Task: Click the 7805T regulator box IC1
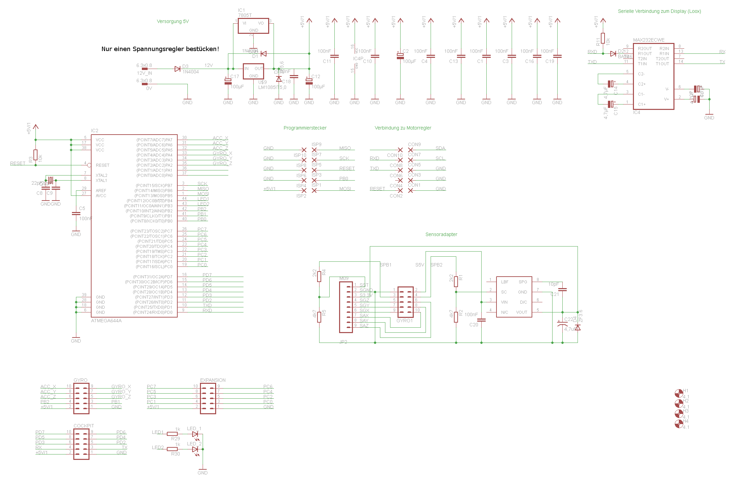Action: [x=253, y=26]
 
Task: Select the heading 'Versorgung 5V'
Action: [x=173, y=21]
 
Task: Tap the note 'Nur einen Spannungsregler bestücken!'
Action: [x=160, y=49]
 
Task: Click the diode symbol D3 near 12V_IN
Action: [x=177, y=69]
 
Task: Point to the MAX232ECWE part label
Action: [x=648, y=40]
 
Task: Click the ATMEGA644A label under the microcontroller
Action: [x=106, y=321]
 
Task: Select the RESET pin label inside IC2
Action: [x=102, y=165]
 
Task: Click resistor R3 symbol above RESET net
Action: [x=35, y=155]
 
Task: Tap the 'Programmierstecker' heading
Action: [x=305, y=128]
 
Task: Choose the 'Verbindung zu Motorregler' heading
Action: [x=403, y=128]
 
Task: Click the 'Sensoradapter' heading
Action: [x=441, y=234]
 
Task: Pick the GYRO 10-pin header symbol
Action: [x=81, y=398]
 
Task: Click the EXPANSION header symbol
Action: [x=208, y=398]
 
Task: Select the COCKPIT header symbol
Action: [x=81, y=444]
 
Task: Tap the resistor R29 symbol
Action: [x=172, y=434]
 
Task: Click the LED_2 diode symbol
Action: [x=195, y=449]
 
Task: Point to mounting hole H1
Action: [x=679, y=393]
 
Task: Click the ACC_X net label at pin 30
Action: [x=220, y=138]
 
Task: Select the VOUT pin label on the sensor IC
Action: [x=521, y=312]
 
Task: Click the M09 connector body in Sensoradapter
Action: [x=346, y=307]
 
